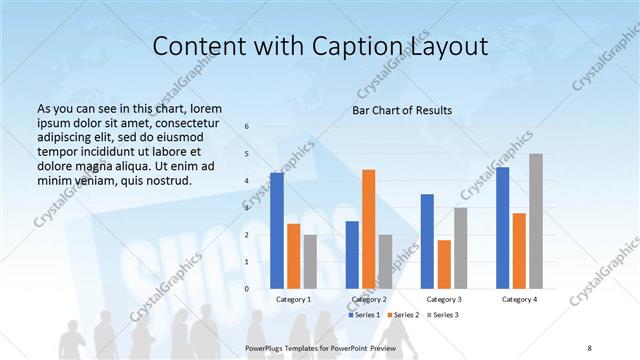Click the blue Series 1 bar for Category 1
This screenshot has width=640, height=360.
coord(277,230)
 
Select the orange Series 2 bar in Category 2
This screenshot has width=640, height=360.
coord(369,229)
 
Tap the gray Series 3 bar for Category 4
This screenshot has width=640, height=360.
coord(536,221)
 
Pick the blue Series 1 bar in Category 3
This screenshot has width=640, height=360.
coord(427,241)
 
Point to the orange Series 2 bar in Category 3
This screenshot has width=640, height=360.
coord(444,264)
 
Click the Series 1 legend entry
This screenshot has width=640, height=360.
coord(364,315)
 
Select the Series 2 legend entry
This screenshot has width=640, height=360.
coord(404,315)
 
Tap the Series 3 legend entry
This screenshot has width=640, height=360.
coord(444,315)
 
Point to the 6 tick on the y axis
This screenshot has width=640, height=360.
coord(247,126)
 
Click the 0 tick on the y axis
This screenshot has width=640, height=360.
coord(247,288)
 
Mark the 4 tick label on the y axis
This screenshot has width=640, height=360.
coord(247,180)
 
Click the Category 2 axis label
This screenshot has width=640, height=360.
coord(369,299)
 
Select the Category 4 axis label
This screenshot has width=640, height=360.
coord(519,299)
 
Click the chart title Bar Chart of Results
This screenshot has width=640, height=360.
coord(403,109)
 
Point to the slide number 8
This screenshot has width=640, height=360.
coord(590,346)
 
